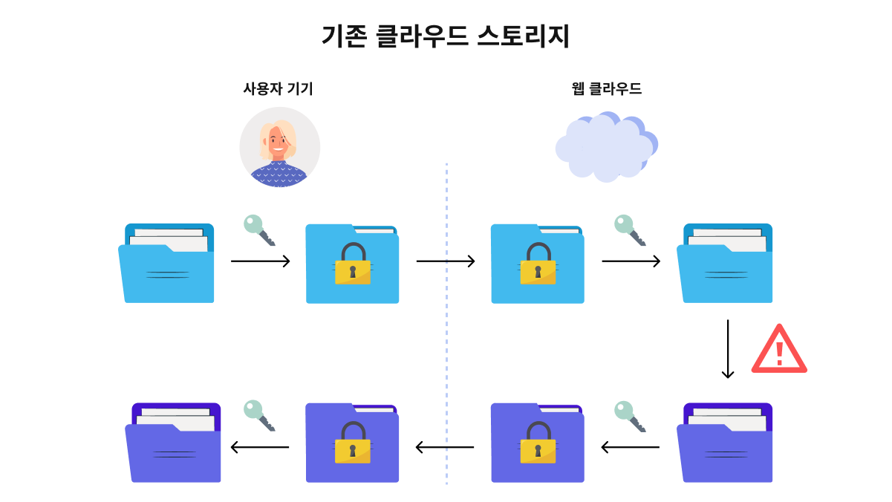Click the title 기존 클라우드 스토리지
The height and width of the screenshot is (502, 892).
pyautogui.click(x=446, y=36)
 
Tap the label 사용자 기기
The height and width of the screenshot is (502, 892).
pyautogui.click(x=278, y=88)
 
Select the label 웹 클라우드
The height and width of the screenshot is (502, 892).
pyautogui.click(x=607, y=88)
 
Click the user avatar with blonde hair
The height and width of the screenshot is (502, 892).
pyautogui.click(x=279, y=147)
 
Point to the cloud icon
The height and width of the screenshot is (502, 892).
pyautogui.click(x=607, y=147)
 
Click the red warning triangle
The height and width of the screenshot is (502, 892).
pyautogui.click(x=779, y=349)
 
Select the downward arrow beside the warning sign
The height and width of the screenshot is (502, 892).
pyautogui.click(x=728, y=349)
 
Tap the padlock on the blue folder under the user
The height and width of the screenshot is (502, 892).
pyautogui.click(x=353, y=264)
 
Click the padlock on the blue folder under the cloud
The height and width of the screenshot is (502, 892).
pyautogui.click(x=538, y=264)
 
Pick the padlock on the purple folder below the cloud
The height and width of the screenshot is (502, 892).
pyautogui.click(x=538, y=443)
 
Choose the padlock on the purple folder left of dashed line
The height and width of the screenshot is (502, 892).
pyautogui.click(x=353, y=443)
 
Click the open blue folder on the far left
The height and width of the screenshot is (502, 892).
pyautogui.click(x=166, y=263)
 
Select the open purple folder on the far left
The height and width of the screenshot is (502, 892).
pyautogui.click(x=173, y=443)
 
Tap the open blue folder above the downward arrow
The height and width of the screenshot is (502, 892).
pyautogui.click(x=725, y=263)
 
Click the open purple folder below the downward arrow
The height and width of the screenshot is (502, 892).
pyautogui.click(x=725, y=443)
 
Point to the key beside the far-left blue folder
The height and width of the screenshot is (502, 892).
pyautogui.click(x=259, y=230)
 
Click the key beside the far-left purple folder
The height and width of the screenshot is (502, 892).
pyautogui.click(x=259, y=416)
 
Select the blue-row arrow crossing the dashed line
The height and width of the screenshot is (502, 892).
pyautogui.click(x=446, y=261)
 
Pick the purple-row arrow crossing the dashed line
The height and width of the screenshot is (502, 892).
pyautogui.click(x=445, y=447)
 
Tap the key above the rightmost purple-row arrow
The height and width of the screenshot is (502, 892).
pyautogui.click(x=630, y=417)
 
